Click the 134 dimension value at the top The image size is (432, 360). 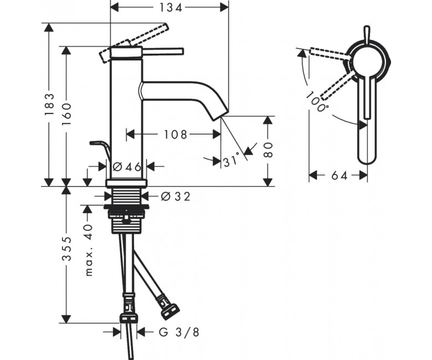point(171,8)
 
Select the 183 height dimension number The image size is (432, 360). point(50,105)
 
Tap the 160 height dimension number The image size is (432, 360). point(66,114)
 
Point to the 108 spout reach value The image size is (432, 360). point(176,135)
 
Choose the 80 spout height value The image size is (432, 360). point(268,150)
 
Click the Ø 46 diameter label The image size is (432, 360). point(127,167)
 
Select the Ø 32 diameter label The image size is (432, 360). point(176,197)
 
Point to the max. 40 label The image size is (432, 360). point(89,250)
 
